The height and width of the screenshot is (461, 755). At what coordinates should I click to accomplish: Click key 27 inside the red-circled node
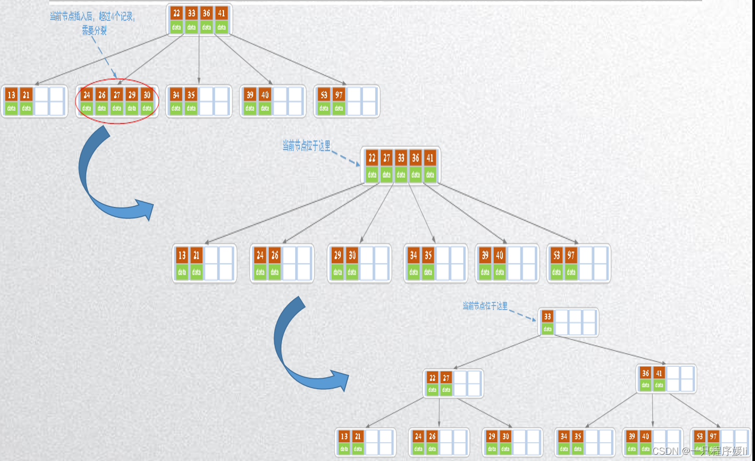[117, 95]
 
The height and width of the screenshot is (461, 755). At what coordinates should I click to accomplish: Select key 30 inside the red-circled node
[147, 95]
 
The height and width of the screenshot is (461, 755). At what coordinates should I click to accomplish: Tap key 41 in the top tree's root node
[222, 13]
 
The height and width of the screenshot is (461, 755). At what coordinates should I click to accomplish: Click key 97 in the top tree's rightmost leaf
[339, 95]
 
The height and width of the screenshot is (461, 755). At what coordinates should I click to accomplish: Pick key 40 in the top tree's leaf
[265, 95]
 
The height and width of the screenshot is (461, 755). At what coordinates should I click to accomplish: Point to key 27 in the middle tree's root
[386, 158]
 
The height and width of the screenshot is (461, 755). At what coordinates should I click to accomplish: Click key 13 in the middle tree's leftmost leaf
[182, 255]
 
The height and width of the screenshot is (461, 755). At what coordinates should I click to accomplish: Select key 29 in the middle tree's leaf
[337, 255]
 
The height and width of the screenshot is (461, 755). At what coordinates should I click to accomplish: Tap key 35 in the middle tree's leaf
[429, 255]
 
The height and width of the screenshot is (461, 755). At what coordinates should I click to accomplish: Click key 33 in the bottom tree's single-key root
[547, 316]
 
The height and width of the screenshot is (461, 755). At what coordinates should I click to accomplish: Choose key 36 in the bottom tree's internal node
[645, 373]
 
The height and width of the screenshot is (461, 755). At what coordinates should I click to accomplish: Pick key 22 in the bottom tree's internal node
[432, 378]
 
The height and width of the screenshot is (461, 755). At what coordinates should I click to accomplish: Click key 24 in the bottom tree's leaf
[418, 436]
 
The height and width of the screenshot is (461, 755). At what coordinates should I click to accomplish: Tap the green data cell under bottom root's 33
[547, 329]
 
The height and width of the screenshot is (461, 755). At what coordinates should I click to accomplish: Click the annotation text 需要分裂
[94, 31]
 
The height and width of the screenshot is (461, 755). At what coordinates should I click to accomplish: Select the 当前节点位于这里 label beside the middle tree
[307, 146]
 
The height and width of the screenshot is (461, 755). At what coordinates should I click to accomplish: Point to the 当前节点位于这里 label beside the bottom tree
[485, 306]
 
